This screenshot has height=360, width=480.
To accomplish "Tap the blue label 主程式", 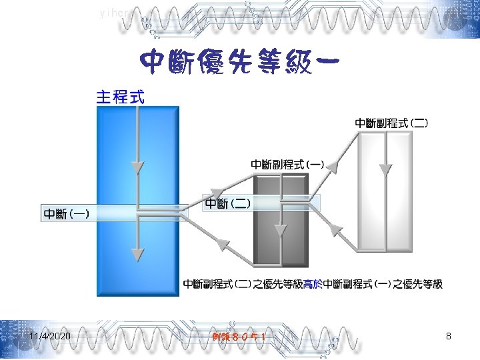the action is tap(120, 97).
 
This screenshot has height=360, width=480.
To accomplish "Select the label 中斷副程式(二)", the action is tap(391, 123).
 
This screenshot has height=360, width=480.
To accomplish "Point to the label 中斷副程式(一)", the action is tap(287, 163).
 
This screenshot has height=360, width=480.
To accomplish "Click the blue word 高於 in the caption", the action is tap(312, 285).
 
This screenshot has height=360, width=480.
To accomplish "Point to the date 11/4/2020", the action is tap(50, 337).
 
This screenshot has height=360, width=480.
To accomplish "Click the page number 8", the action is tap(449, 337).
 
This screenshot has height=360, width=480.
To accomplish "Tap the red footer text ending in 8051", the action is tap(240, 337).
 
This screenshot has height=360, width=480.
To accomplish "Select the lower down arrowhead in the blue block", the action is tap(137, 254).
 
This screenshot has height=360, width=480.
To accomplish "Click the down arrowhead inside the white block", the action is tap(385, 171).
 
